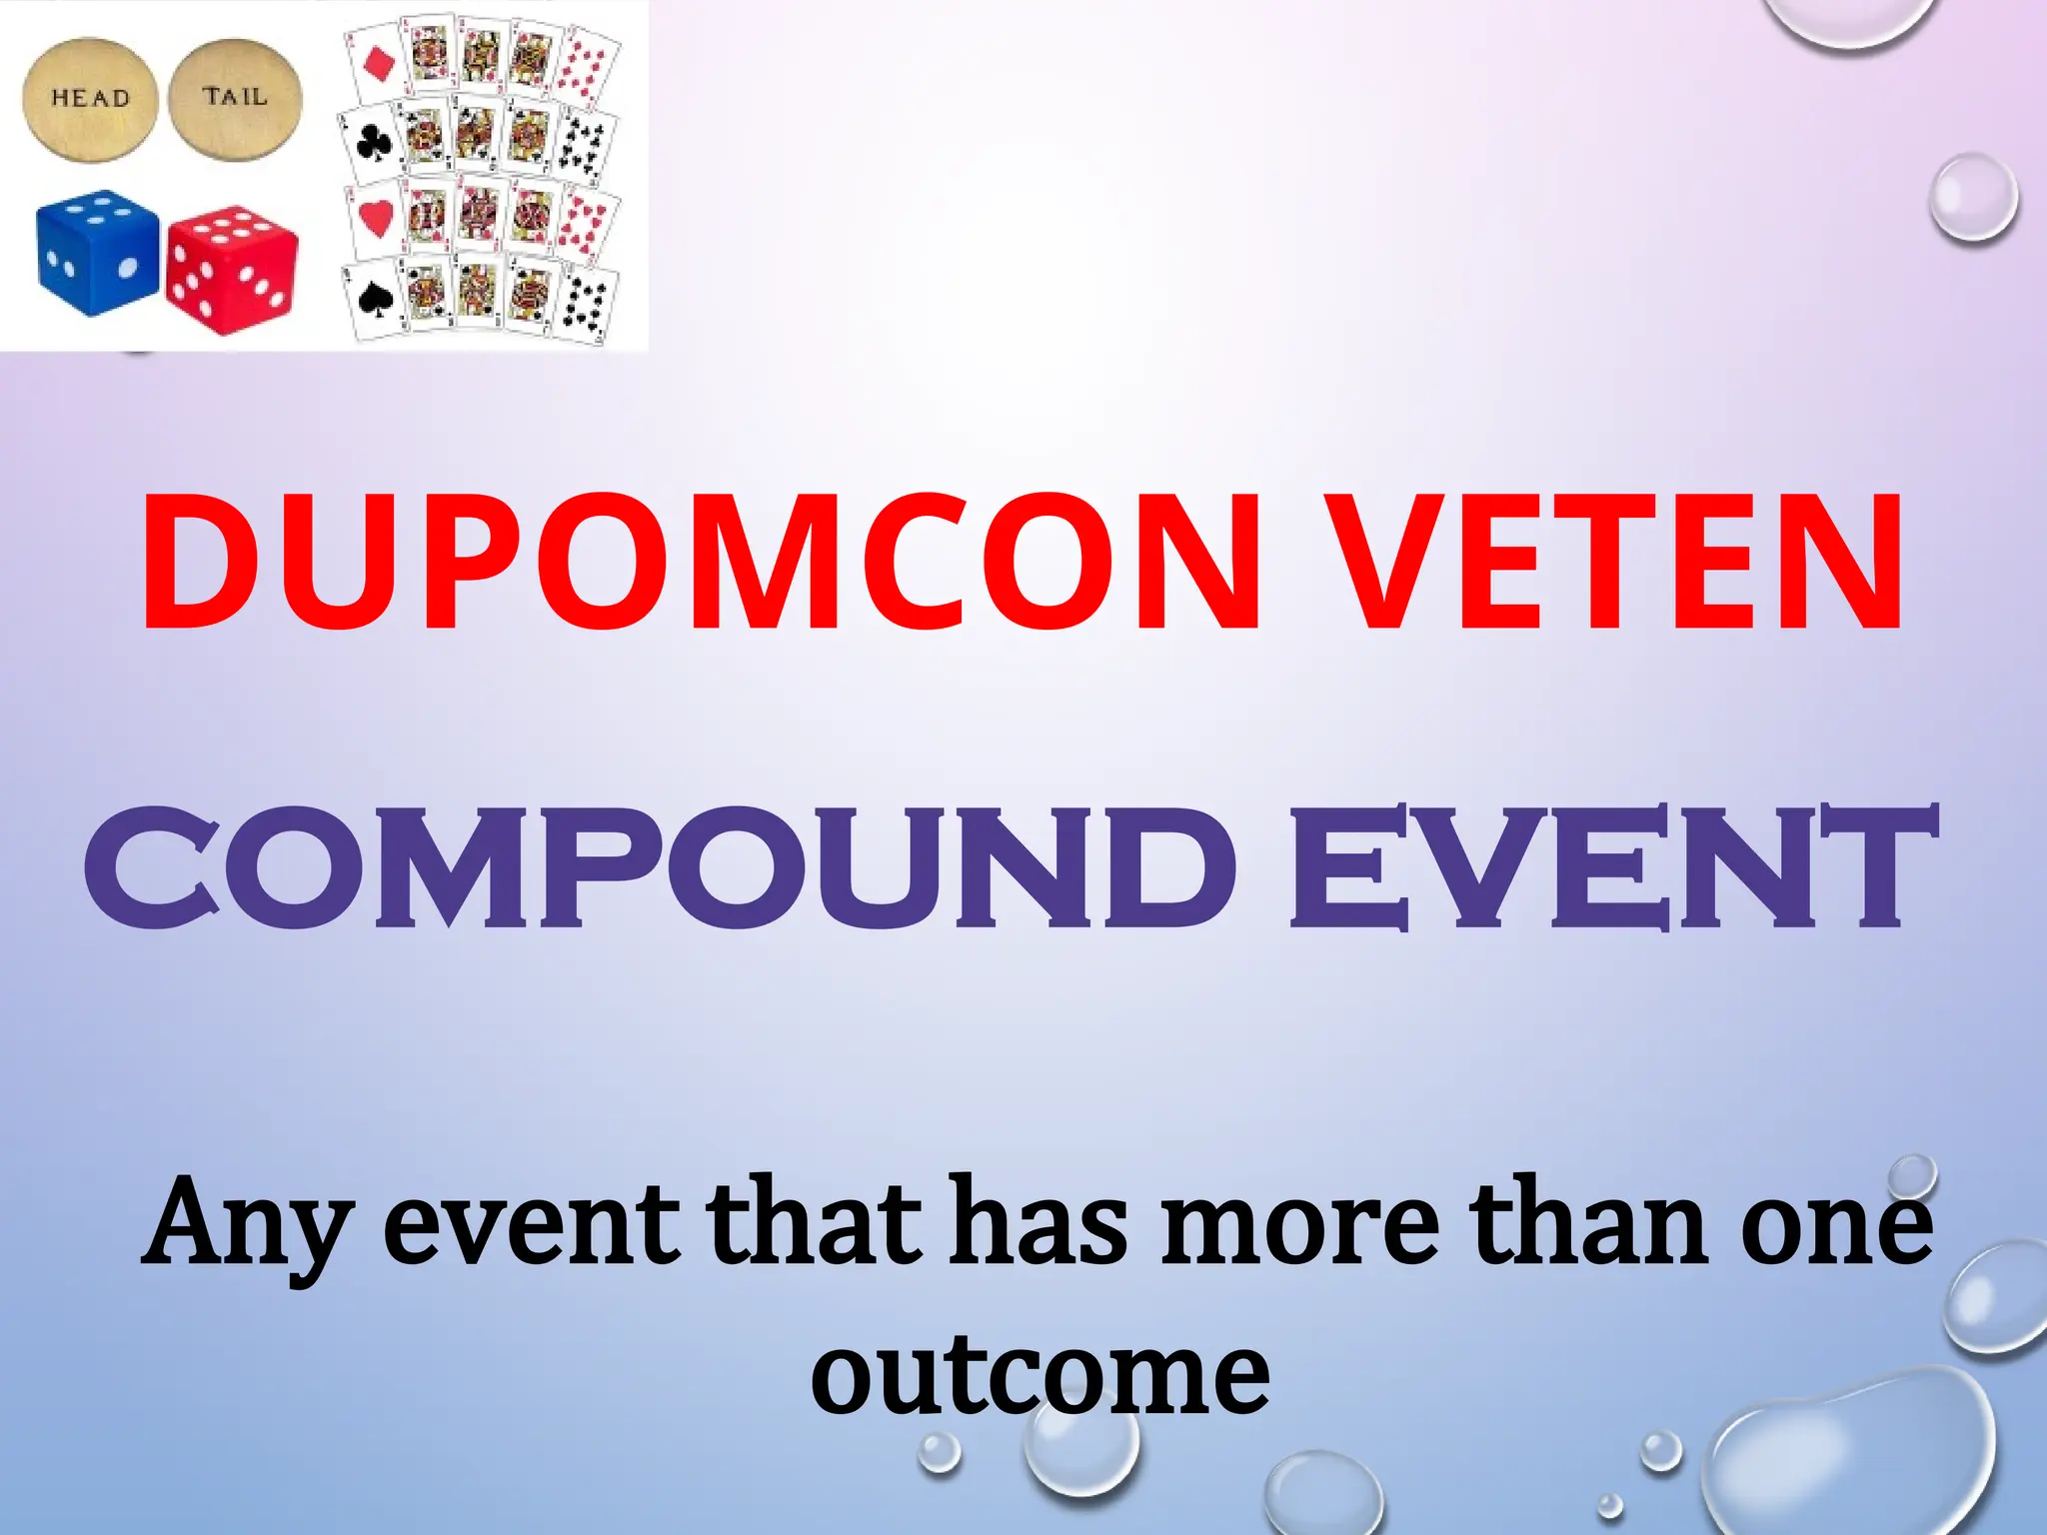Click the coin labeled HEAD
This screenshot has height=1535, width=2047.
[x=90, y=100]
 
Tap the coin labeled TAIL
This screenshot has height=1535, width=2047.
[x=235, y=98]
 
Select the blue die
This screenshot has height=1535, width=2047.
[x=96, y=252]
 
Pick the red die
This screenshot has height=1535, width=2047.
[x=232, y=268]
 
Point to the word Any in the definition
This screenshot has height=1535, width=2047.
[x=246, y=1225]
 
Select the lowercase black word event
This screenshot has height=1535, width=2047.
[x=530, y=1225]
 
